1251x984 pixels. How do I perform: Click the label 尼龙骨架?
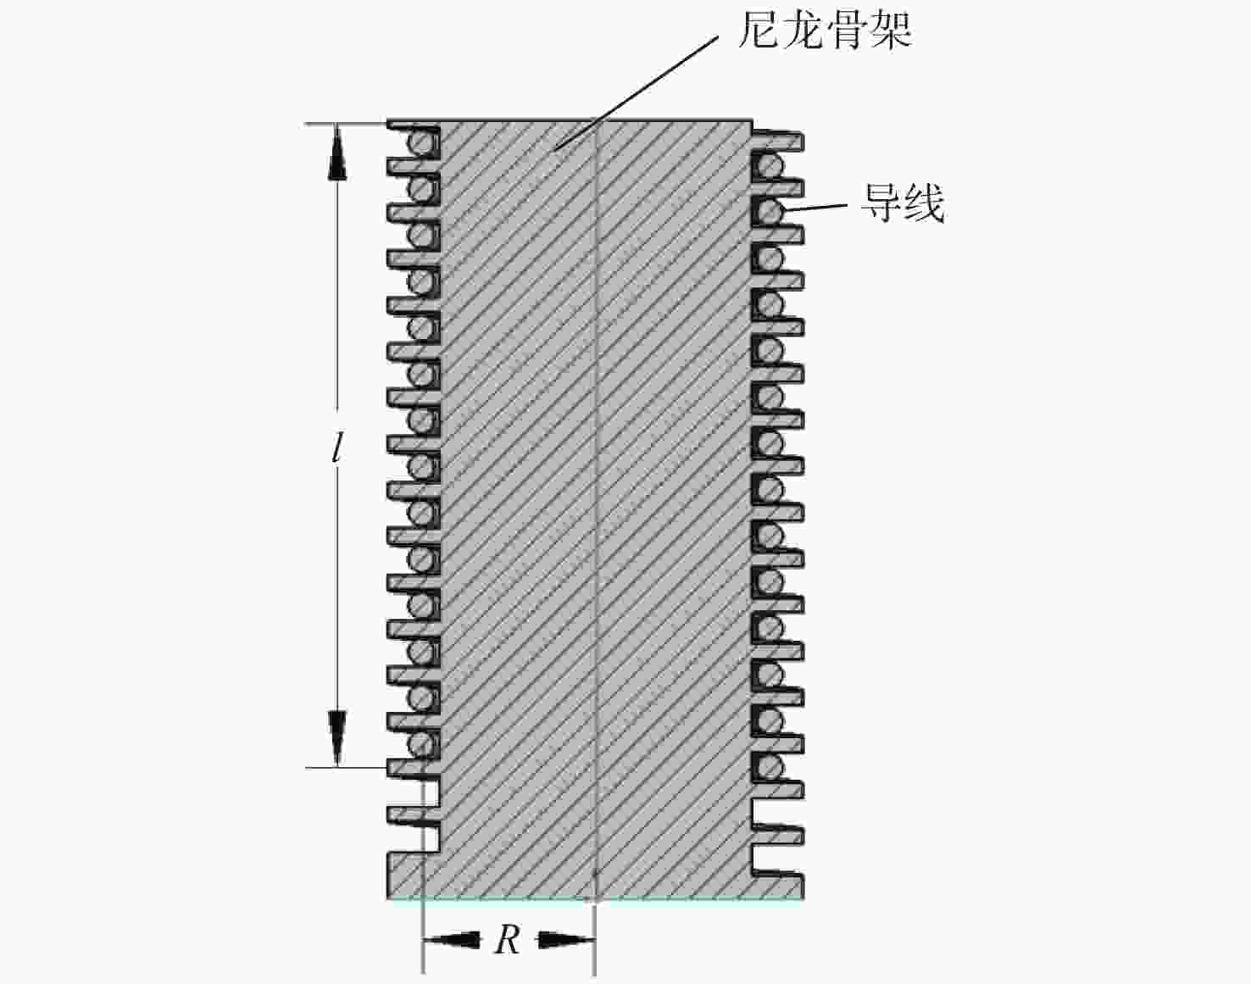825,30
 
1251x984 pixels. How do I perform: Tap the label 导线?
903,203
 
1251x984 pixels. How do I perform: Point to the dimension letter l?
336,449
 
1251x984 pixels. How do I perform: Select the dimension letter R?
508,940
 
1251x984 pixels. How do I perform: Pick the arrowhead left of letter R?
453,940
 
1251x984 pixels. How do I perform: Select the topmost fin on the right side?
778,141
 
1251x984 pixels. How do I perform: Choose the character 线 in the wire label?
925,203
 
